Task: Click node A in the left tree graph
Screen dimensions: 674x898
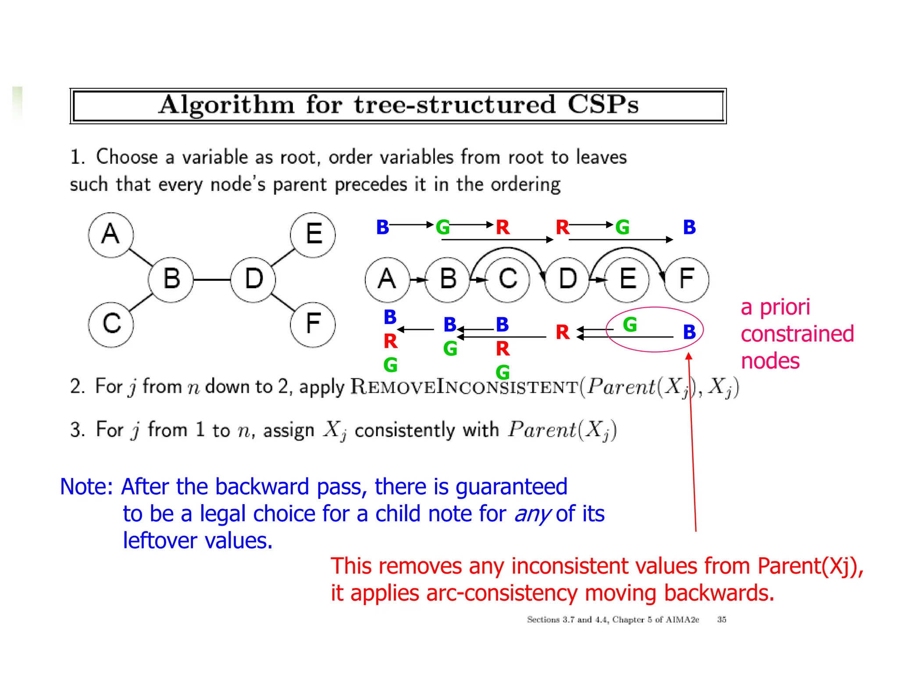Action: (110, 235)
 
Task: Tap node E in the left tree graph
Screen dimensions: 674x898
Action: (313, 235)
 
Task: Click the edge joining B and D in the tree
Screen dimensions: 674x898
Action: (212, 280)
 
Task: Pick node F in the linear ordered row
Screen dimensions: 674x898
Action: (686, 280)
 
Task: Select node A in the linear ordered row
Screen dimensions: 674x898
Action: (387, 280)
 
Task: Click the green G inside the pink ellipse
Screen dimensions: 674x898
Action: (630, 325)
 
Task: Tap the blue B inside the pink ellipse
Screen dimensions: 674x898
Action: (689, 332)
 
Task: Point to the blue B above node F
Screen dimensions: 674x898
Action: (689, 227)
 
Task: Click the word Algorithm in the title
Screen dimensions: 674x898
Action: (226, 105)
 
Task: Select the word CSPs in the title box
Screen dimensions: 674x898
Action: (603, 105)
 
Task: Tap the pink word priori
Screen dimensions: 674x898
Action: (785, 307)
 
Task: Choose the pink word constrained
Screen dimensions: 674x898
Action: (797, 334)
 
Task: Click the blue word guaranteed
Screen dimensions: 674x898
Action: (511, 487)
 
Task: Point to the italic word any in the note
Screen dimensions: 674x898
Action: (532, 514)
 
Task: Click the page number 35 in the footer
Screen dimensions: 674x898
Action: (721, 620)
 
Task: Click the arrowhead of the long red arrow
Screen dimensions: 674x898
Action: (689, 356)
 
